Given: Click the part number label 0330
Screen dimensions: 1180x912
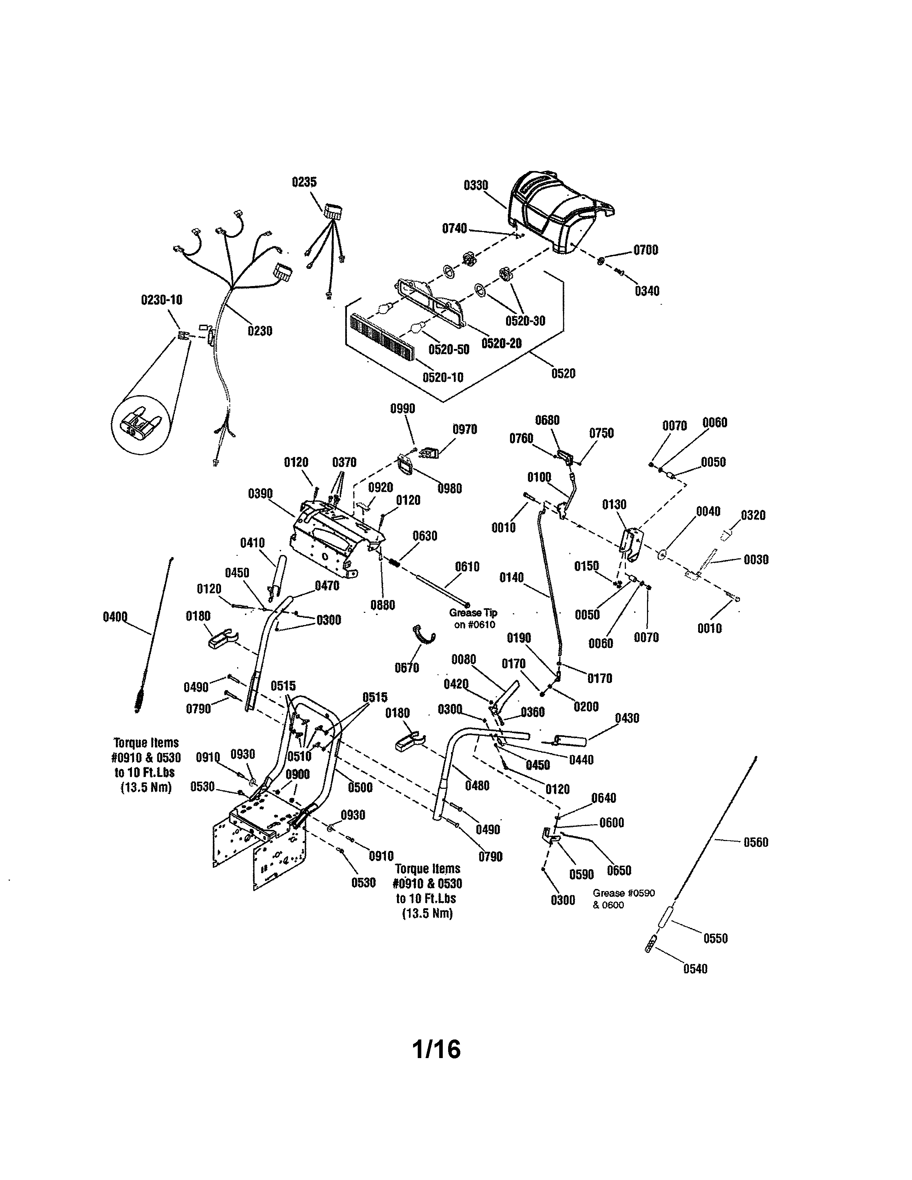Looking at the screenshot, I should coord(475,185).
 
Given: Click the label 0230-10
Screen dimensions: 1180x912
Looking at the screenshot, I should coord(162,300).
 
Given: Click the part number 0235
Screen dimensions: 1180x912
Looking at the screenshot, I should coord(304,182).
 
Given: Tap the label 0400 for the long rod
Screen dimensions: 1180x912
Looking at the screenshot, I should coord(115,616).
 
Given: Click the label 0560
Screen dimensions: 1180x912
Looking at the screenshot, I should coord(755,842).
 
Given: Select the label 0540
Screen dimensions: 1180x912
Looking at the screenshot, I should coord(695,969).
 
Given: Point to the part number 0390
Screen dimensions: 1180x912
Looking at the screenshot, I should coord(260,494).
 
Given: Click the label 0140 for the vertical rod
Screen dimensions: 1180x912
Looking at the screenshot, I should coord(511,577).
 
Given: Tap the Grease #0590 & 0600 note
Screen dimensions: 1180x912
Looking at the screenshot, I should coord(623,899).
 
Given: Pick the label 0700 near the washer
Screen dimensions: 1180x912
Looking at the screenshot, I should coord(646,250).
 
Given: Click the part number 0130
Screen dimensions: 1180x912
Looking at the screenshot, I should coord(614,504).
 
